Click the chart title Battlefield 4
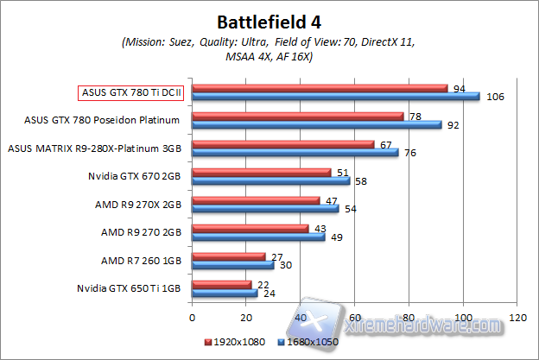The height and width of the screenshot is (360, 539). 269,19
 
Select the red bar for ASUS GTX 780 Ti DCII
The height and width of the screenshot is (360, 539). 320,87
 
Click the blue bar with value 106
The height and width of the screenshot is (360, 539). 336,97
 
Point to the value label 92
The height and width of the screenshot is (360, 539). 453,124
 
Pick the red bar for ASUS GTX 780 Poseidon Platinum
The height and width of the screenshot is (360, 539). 298,115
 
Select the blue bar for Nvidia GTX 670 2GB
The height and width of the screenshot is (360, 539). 271,180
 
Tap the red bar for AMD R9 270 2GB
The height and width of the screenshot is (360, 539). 250,228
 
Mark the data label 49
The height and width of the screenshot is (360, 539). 336,237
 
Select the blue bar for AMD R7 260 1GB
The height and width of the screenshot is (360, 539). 233,265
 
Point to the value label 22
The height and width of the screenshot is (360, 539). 263,284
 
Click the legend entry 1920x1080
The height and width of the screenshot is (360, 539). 237,342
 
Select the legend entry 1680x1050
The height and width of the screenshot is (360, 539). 308,342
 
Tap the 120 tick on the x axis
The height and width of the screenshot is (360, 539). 517,317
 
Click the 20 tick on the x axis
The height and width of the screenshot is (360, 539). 246,317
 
